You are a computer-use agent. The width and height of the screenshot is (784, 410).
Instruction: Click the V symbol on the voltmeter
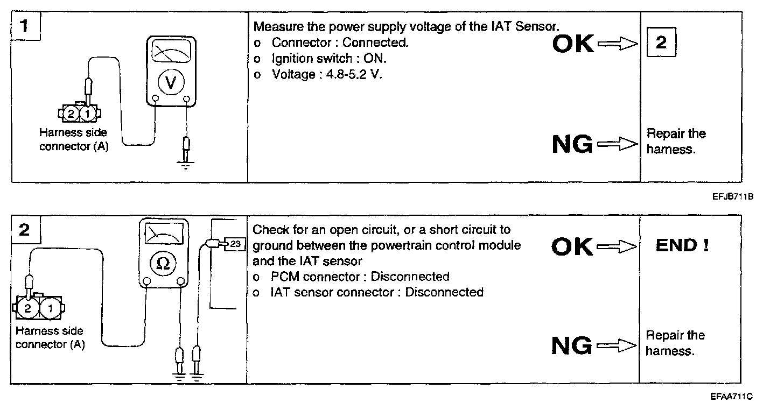[x=171, y=82]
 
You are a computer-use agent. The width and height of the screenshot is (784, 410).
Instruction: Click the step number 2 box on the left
[x=24, y=230]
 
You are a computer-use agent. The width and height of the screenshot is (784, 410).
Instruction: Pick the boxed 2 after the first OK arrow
[x=661, y=43]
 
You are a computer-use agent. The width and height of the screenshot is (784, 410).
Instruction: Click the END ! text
[x=682, y=246]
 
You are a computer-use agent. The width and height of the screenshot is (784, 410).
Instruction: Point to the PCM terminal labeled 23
[x=234, y=244]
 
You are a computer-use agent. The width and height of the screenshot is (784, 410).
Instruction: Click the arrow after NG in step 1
[x=617, y=144]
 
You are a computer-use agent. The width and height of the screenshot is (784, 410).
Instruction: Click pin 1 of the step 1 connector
[x=88, y=114]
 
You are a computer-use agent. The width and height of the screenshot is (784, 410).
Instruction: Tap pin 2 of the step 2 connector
[x=28, y=308]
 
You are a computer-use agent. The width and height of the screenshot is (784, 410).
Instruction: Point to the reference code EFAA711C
[x=731, y=397]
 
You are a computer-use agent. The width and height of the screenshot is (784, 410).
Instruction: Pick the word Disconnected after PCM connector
[x=410, y=277]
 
